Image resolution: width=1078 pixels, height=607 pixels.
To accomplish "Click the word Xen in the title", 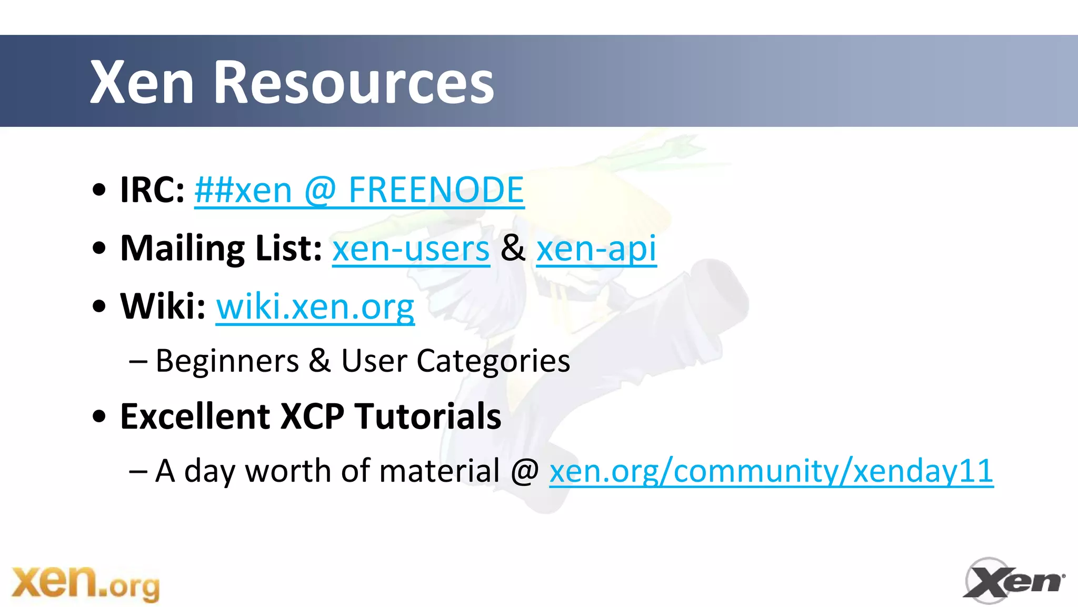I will [x=142, y=82].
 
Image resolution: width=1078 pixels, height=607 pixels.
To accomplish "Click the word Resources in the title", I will [x=353, y=82].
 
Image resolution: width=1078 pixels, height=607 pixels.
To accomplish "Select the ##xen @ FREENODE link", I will [x=359, y=190].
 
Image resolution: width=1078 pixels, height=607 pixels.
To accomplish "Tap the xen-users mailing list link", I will [x=411, y=248].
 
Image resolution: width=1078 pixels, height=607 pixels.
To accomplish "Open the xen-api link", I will [x=596, y=248].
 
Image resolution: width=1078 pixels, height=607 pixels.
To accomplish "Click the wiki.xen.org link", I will [x=315, y=306].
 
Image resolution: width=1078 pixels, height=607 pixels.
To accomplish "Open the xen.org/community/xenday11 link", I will [x=771, y=471].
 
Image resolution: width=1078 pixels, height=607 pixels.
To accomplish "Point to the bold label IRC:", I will [x=152, y=190].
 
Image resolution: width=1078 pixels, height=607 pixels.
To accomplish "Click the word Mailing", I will [x=182, y=248].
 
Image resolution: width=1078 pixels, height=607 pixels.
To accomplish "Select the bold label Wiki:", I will [x=163, y=306].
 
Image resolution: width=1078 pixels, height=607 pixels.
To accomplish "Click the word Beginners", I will [x=227, y=362].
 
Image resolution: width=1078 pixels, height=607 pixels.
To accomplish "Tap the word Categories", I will [x=493, y=362].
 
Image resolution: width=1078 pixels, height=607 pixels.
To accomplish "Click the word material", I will [x=439, y=471].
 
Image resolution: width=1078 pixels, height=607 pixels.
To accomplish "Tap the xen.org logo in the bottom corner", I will [x=85, y=583].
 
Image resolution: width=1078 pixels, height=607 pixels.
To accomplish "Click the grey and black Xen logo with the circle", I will [x=1013, y=581].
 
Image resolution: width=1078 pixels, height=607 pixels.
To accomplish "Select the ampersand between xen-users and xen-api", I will [x=513, y=248].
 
